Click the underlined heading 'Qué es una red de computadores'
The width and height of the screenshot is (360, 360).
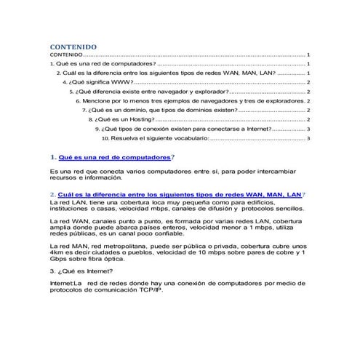coord(116,156)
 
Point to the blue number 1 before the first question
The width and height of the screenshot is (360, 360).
coord(53,156)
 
